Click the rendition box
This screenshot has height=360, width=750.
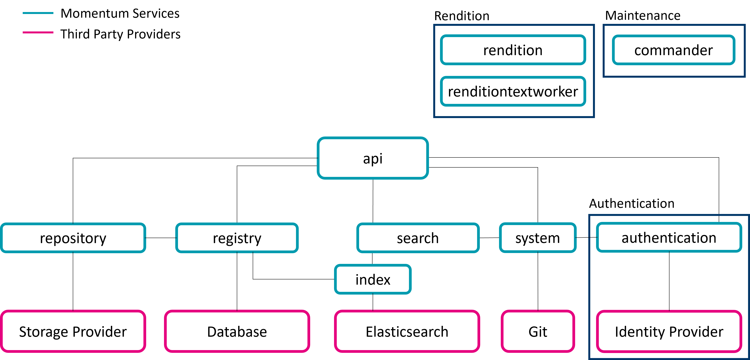pyautogui.click(x=513, y=50)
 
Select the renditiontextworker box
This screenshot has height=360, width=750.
pyautogui.click(x=513, y=91)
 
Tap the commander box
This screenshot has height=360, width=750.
pyautogui.click(x=674, y=50)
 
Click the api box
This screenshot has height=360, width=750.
pyautogui.click(x=373, y=158)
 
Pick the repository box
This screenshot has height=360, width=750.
pyautogui.click(x=73, y=238)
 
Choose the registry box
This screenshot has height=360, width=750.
pyautogui.click(x=237, y=238)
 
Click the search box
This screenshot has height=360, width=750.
pyautogui.click(x=418, y=238)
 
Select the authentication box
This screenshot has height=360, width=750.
pyautogui.click(x=669, y=237)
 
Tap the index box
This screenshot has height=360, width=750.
pyautogui.click(x=373, y=279)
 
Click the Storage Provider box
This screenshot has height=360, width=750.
pyautogui.click(x=73, y=331)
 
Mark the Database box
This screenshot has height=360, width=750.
pyautogui.click(x=237, y=331)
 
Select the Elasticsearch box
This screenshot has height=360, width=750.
pyautogui.click(x=407, y=331)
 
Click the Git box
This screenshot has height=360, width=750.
pyautogui.click(x=537, y=331)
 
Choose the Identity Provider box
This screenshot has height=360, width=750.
pyautogui.click(x=669, y=331)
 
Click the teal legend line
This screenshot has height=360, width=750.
pyautogui.click(x=38, y=13)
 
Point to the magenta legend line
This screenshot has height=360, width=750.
pyautogui.click(x=38, y=32)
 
